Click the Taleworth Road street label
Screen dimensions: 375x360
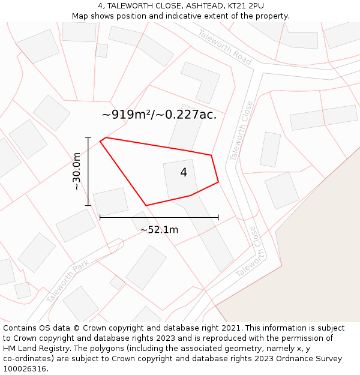coord(224,47)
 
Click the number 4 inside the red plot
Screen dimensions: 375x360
coord(184,173)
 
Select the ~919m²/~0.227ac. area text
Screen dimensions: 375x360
coord(159,115)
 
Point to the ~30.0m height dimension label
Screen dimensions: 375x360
coord(77,171)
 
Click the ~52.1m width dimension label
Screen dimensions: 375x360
coord(159,230)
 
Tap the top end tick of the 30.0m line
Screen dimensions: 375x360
coord(88,138)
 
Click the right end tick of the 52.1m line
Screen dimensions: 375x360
coord(218,217)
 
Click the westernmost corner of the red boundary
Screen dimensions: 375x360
coord(100,142)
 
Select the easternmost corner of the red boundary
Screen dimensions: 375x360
coord(218,182)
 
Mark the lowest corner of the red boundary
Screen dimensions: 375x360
coord(146,206)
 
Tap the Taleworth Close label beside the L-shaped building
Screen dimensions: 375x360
coord(241,131)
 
